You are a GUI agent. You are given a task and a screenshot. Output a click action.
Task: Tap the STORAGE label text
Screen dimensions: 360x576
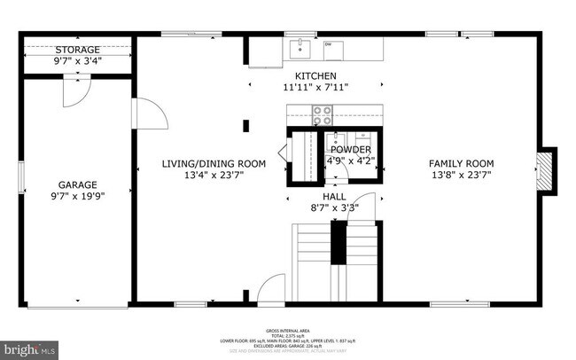point(76,50)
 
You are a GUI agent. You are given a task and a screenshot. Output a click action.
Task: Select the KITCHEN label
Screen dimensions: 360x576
point(316,75)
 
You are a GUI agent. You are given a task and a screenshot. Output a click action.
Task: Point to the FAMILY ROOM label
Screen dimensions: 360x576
point(461,163)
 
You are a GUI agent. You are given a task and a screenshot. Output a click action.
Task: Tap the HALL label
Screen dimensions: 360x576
point(334,196)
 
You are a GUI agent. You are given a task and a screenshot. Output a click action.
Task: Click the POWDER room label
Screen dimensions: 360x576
point(351,150)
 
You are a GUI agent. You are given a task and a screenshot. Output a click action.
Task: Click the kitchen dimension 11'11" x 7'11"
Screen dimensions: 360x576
point(316,87)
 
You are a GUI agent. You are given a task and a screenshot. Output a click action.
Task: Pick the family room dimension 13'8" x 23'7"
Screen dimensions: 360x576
point(461,175)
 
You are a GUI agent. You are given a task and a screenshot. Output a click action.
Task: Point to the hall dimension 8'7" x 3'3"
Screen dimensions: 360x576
point(334,207)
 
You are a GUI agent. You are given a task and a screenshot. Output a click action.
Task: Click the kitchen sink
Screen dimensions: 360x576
point(300,44)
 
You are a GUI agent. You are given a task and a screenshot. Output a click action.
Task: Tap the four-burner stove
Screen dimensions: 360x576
point(321,113)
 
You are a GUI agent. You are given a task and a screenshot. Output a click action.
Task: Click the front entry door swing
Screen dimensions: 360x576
point(273,290)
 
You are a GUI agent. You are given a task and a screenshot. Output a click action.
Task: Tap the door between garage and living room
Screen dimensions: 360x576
point(147,114)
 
